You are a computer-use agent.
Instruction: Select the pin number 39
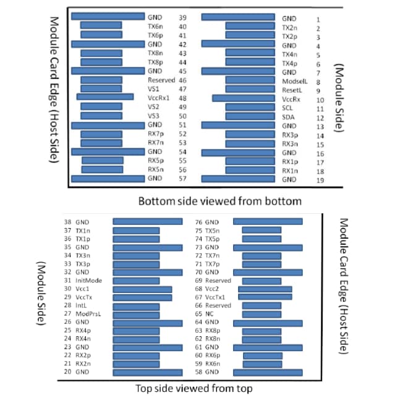(183, 18)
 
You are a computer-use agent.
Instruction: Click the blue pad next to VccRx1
(105, 97)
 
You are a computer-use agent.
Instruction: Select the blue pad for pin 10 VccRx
(243, 98)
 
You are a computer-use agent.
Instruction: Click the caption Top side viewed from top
(194, 388)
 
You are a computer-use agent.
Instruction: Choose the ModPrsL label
(89, 314)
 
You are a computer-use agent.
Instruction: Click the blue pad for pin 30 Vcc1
(142, 289)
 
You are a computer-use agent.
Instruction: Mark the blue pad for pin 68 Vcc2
(265, 289)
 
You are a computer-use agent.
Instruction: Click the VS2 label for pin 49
(154, 107)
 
